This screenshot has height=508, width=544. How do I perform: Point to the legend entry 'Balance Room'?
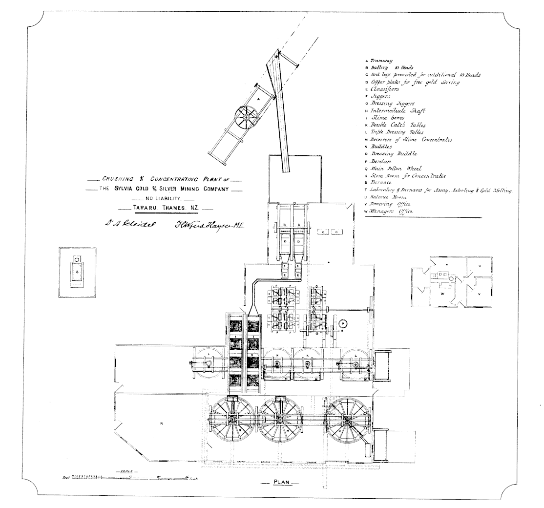(x=388, y=197)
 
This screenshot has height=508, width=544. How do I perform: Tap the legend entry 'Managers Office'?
(x=391, y=212)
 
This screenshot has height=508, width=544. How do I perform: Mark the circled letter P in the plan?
(x=342, y=323)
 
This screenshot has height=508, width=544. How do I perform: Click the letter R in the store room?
(x=161, y=423)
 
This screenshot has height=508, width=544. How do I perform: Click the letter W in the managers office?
(x=441, y=294)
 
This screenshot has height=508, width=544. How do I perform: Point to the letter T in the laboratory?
(x=446, y=265)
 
